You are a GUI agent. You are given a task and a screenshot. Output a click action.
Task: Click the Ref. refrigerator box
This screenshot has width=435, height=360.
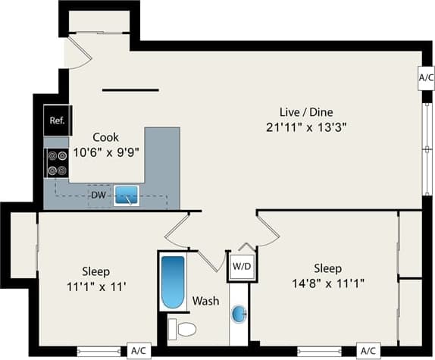tap(56, 121)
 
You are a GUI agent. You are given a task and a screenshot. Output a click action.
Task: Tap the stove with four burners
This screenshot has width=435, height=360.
tap(56, 162)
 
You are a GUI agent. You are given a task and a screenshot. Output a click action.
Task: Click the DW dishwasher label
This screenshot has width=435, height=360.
tap(98, 196)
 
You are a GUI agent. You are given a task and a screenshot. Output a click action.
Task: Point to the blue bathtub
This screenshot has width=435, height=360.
tap(173, 281)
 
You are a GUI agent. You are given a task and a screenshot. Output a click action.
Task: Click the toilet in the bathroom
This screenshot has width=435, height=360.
tap(182, 329)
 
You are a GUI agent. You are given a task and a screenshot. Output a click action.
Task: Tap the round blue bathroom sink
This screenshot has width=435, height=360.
tap(239, 314)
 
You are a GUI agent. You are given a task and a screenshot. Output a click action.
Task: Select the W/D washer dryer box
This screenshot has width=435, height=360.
tap(241, 267)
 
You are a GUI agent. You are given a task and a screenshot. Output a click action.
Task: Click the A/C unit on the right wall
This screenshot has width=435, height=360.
tap(426, 77)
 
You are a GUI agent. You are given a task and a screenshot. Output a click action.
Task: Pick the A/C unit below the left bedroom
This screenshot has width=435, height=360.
tap(138, 351)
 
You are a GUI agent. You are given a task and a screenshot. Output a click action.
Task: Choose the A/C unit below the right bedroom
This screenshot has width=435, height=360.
tap(368, 351)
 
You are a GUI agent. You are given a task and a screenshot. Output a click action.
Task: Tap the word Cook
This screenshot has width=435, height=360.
tap(105, 137)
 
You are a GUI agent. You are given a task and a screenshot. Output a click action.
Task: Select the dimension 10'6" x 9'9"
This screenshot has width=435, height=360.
tap(106, 151)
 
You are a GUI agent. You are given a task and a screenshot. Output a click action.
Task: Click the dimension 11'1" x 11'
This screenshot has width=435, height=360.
tap(96, 286)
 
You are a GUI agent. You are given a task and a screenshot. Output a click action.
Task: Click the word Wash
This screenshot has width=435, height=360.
tap(205, 301)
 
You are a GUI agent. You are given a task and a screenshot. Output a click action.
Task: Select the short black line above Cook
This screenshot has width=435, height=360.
tap(130, 90)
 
